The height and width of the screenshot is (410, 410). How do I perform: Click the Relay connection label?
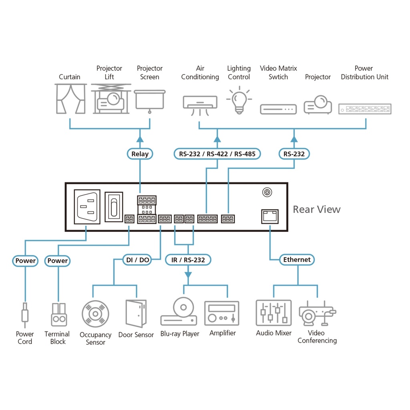(x=140, y=154)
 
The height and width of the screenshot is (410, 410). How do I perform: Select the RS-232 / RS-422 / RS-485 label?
(x=217, y=154)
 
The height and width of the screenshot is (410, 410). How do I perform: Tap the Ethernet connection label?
(x=297, y=259)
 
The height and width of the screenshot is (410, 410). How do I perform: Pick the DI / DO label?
(x=137, y=260)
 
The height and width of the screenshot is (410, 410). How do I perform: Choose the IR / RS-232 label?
(x=188, y=260)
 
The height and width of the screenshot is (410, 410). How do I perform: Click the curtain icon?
(x=70, y=99)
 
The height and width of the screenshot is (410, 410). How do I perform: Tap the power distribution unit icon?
(x=365, y=109)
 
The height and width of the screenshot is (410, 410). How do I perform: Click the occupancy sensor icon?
(x=95, y=314)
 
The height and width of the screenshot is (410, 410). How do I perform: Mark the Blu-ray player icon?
(x=179, y=312)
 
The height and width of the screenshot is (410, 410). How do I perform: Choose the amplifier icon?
(x=221, y=313)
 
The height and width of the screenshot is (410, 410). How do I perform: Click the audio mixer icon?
(x=273, y=312)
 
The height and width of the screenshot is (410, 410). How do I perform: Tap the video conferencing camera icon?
(x=317, y=313)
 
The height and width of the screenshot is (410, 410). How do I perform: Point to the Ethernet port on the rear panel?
(x=270, y=217)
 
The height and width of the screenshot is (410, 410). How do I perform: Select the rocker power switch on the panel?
(x=114, y=207)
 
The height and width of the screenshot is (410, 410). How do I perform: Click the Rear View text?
(x=316, y=209)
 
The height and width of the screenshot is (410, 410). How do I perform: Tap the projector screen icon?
(x=150, y=100)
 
